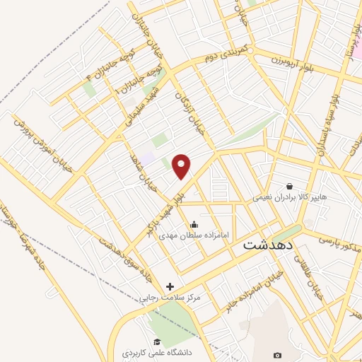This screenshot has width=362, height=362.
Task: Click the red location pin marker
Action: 182,166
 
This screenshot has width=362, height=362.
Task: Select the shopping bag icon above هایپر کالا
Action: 290,186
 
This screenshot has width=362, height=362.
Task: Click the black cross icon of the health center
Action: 169,286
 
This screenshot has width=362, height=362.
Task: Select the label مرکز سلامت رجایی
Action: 170,298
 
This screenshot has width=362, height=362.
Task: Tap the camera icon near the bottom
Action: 277,354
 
